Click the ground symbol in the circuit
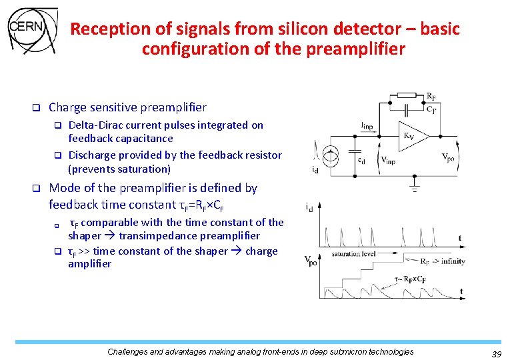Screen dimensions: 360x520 click(415, 189)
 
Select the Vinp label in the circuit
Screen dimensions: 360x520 click(388, 160)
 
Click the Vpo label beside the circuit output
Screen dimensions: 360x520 click(449, 158)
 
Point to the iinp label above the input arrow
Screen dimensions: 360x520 click(366, 125)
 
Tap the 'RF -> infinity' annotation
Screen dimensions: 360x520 click(443, 261)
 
